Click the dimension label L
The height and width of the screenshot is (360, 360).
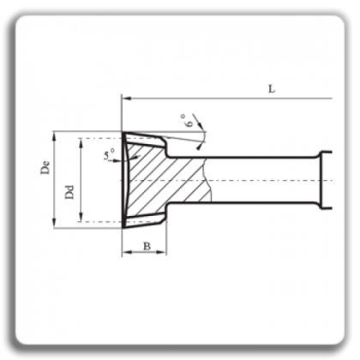tap(272, 89)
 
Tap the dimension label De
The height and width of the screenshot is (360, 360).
tap(45, 168)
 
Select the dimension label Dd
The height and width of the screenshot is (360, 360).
tap(69, 192)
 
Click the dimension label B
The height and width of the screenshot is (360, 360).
tap(147, 246)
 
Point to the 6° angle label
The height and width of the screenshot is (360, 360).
tap(188, 120)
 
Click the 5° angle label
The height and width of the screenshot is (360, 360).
tap(109, 154)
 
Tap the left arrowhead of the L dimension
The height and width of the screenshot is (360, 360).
tap(127, 99)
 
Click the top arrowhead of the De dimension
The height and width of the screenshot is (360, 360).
tap(54, 136)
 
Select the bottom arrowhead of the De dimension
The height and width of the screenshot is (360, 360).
tap(54, 224)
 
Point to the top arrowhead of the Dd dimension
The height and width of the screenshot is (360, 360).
tap(81, 143)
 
